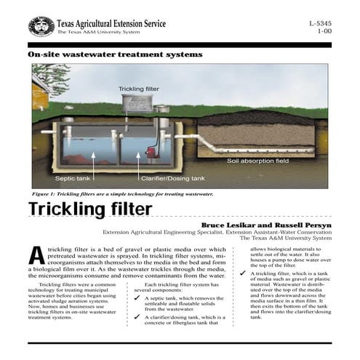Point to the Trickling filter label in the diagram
tap(139, 89)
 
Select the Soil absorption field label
tap(257, 160)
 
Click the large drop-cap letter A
tap(37, 256)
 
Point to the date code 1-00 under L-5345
tap(324, 32)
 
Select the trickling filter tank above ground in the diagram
tap(139, 104)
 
